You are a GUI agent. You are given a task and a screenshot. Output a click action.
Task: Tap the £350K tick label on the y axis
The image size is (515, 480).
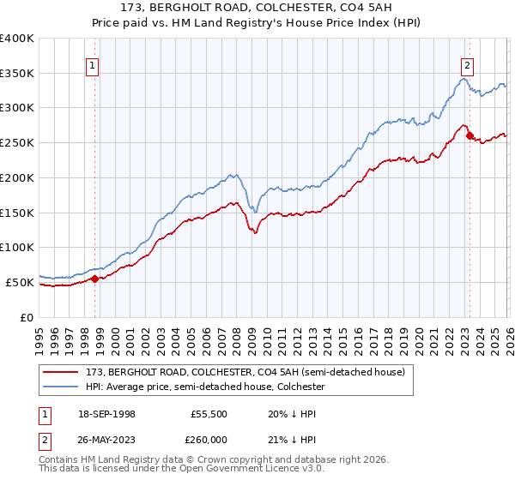click(17, 73)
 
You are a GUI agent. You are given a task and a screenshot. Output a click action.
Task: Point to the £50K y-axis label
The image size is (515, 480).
click(20, 282)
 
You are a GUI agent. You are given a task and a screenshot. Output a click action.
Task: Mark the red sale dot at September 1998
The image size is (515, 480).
click(94, 278)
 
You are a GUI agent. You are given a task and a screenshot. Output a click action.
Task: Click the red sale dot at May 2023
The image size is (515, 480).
click(469, 135)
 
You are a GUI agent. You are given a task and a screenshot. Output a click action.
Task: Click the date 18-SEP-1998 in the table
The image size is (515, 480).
click(112, 413)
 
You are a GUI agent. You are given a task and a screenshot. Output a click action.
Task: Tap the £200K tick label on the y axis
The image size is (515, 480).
click(17, 177)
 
